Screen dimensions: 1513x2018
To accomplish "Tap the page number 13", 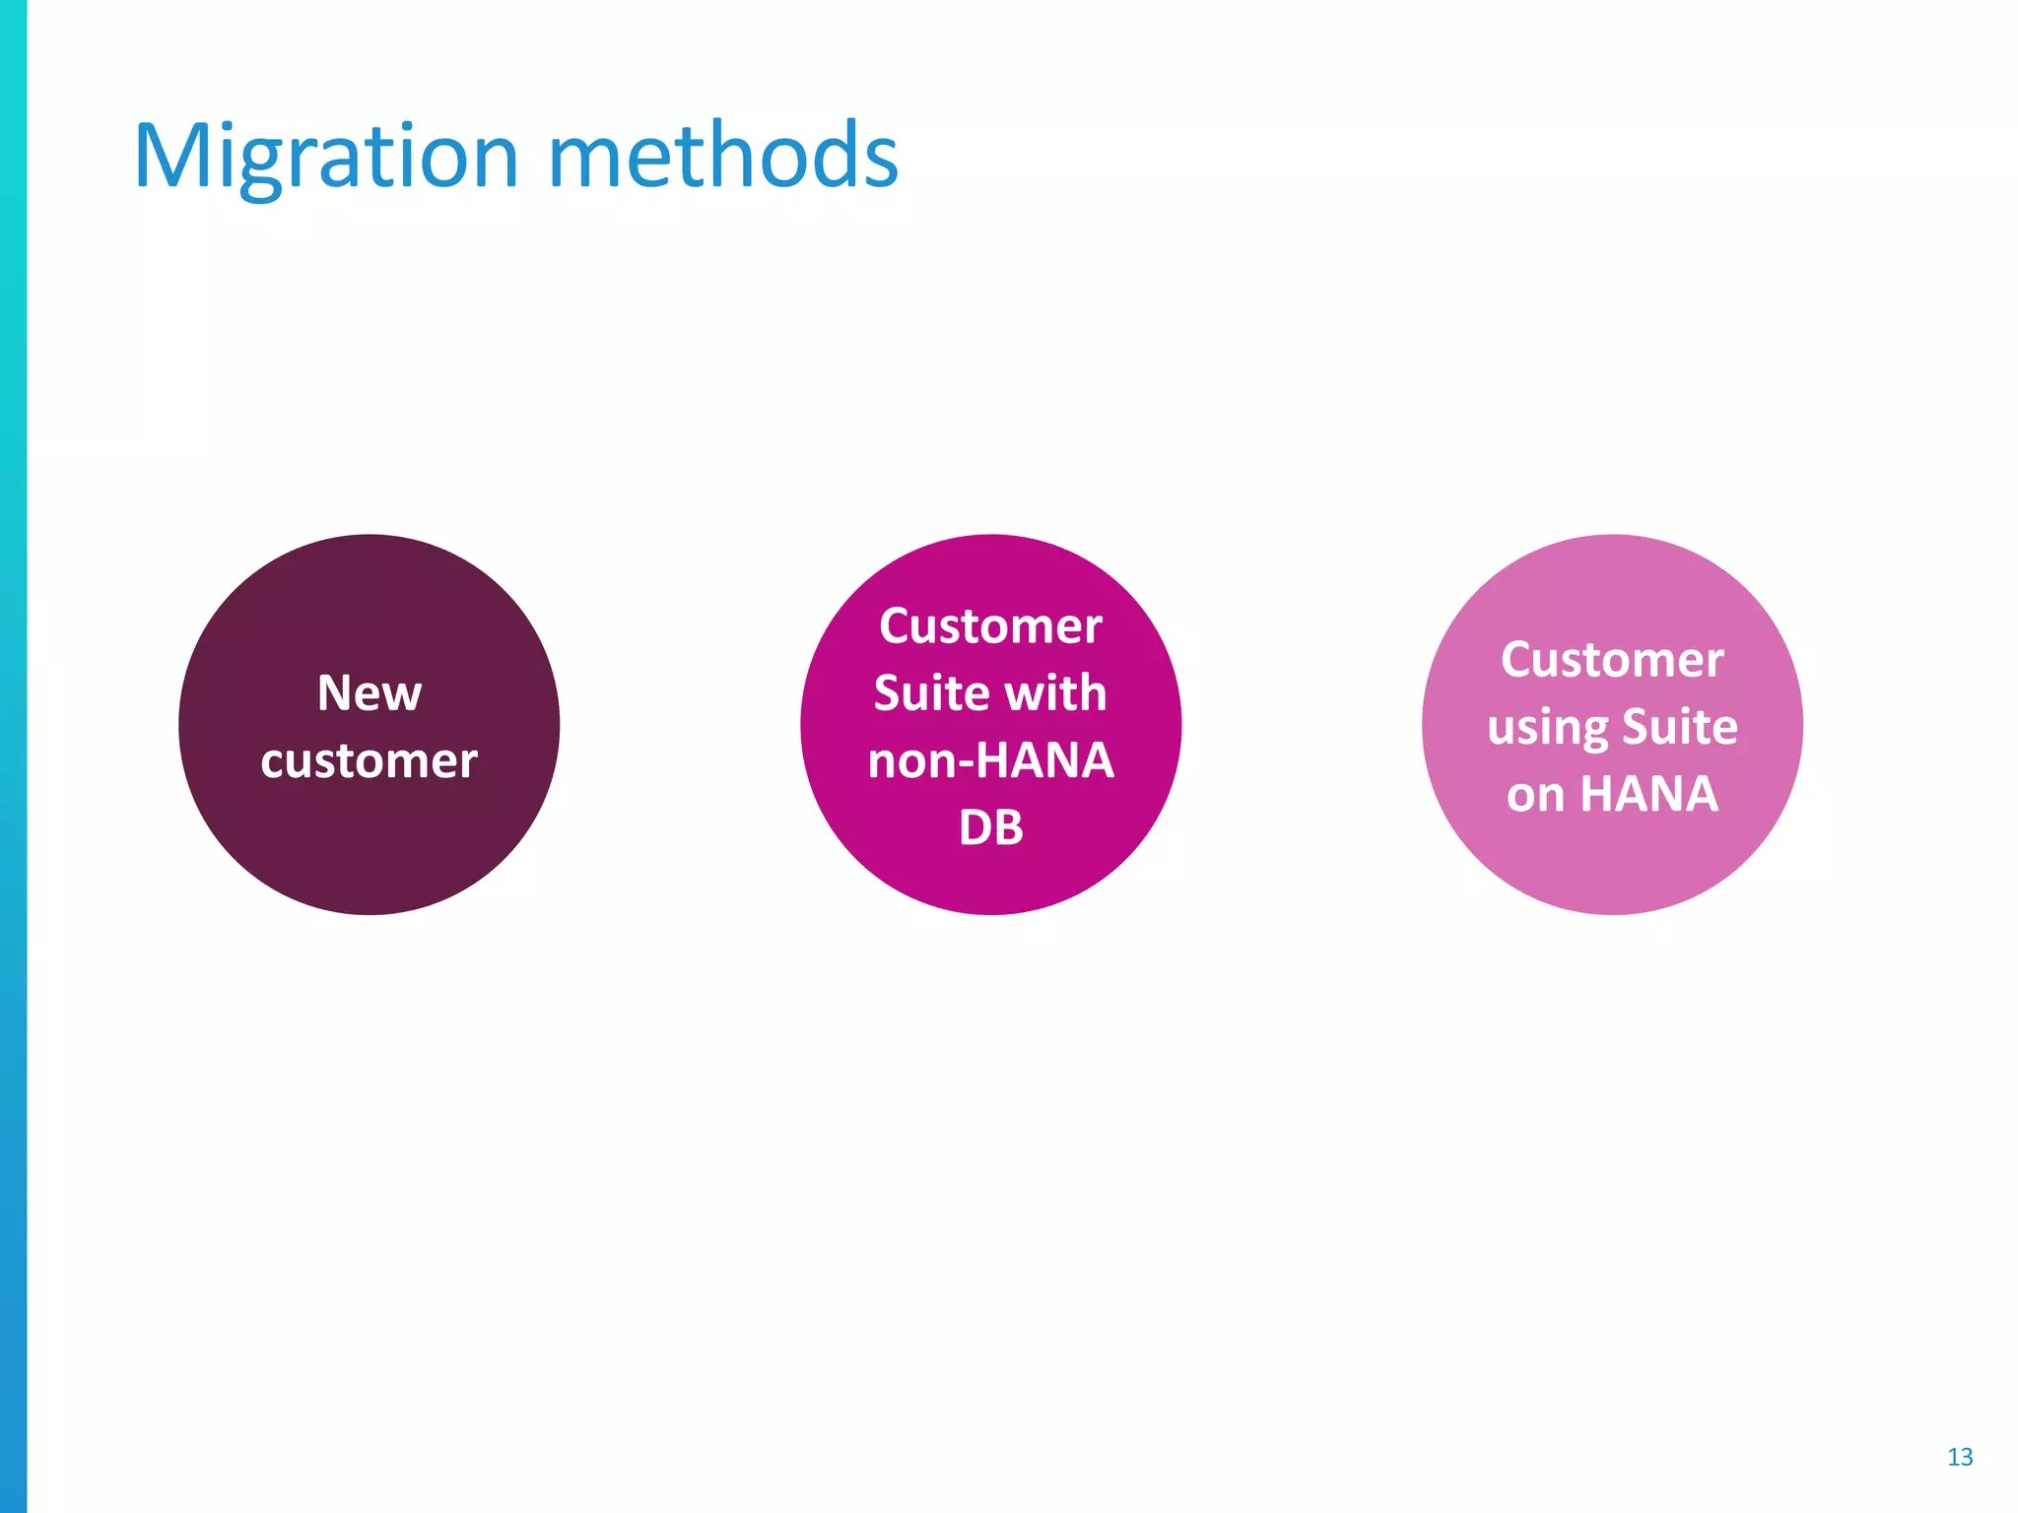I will tap(1959, 1457).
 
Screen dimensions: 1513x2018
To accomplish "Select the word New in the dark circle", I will tap(370, 692).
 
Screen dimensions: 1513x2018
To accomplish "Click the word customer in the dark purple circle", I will tap(370, 760).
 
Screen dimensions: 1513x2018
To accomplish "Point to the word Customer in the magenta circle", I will tap(990, 626).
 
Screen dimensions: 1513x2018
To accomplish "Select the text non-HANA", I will tap(990, 760).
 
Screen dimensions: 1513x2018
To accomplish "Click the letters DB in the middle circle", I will tap(990, 827).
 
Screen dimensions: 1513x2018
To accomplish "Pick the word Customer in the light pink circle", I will tap(1612, 659).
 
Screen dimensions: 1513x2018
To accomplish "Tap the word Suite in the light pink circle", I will tap(1679, 726).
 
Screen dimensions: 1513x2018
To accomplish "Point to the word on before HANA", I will tap(1535, 794).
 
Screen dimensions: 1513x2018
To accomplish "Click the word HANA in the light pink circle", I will tap(1648, 794).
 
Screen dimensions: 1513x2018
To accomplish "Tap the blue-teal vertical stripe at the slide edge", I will tap(13, 756).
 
